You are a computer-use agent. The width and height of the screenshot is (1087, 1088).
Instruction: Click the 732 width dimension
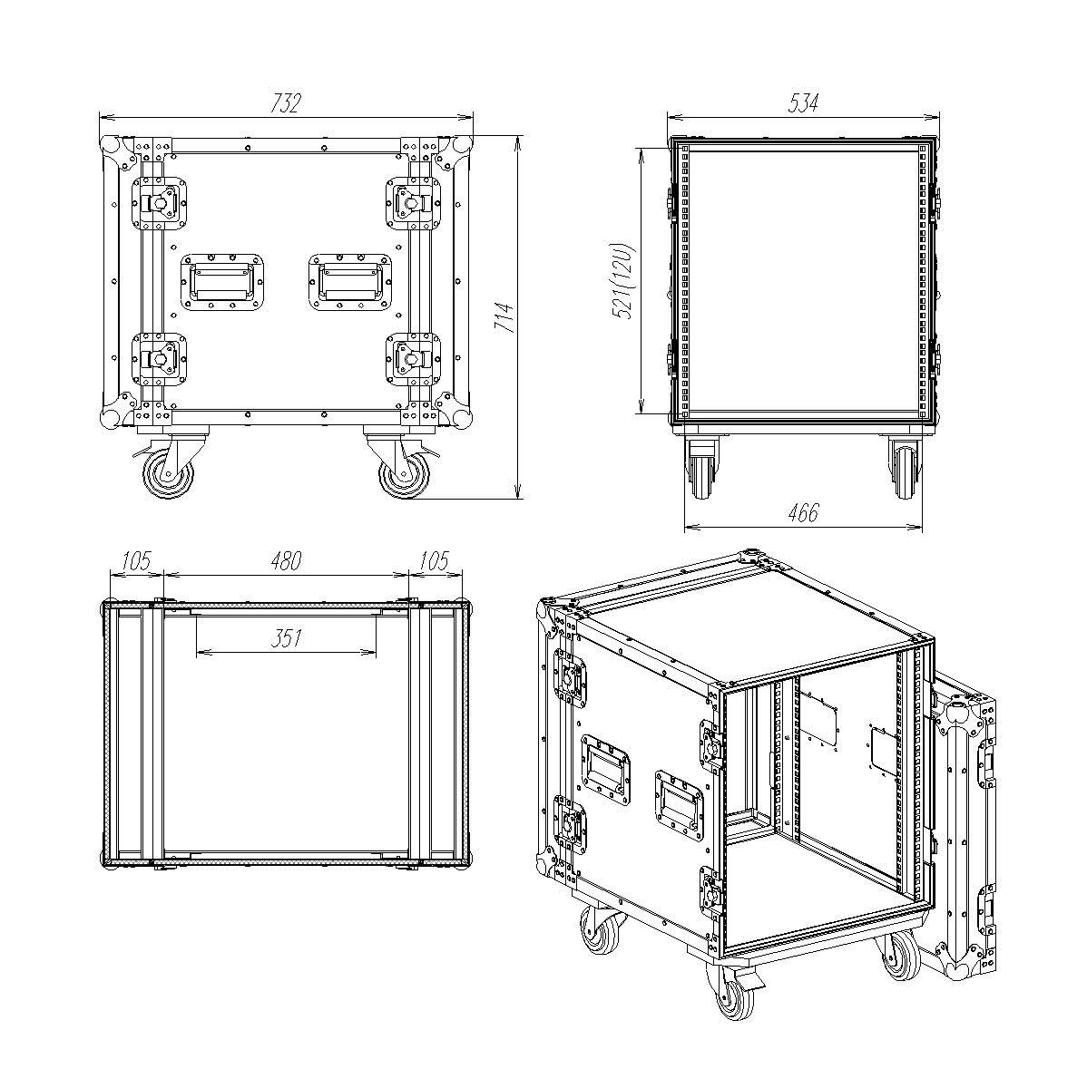[x=286, y=103]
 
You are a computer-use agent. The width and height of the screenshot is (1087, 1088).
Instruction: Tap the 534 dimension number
[x=803, y=103]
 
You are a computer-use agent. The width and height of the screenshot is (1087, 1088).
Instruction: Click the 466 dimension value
[x=803, y=512]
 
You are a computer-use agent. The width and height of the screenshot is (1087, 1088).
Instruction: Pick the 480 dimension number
[x=286, y=561]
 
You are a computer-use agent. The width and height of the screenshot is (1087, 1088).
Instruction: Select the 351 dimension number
[x=286, y=638]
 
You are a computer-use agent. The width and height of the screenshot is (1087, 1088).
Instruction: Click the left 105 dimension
[x=136, y=561]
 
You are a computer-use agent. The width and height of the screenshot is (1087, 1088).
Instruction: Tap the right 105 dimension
[x=435, y=561]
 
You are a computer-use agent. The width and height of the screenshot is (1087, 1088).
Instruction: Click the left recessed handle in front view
[x=223, y=282]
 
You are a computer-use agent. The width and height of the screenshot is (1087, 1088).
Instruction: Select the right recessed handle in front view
[x=350, y=282]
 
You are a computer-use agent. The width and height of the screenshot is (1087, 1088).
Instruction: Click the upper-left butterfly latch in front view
[x=160, y=203]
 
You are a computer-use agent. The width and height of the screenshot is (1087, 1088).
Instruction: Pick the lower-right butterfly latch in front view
[x=414, y=360]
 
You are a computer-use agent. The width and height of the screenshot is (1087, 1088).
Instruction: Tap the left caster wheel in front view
[x=168, y=474]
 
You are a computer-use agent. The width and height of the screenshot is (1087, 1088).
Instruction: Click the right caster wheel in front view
[x=405, y=474]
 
